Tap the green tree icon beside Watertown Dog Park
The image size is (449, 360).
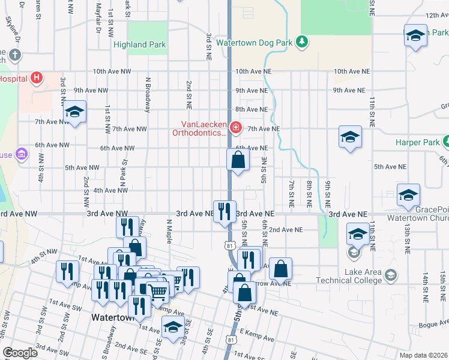tap(304, 41)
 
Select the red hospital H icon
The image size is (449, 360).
tap(37, 77)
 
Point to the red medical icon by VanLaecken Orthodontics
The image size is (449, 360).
tap(236, 127)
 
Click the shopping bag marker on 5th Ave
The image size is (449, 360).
tap(238, 160)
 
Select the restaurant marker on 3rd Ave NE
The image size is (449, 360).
tap(224, 212)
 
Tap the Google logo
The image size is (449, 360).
tap(20, 353)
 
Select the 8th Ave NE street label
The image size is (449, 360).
tap(251, 110)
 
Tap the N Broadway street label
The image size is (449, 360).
tap(147, 95)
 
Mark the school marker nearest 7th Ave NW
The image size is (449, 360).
tap(75, 112)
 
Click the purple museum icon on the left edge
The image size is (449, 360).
tap(22, 154)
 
